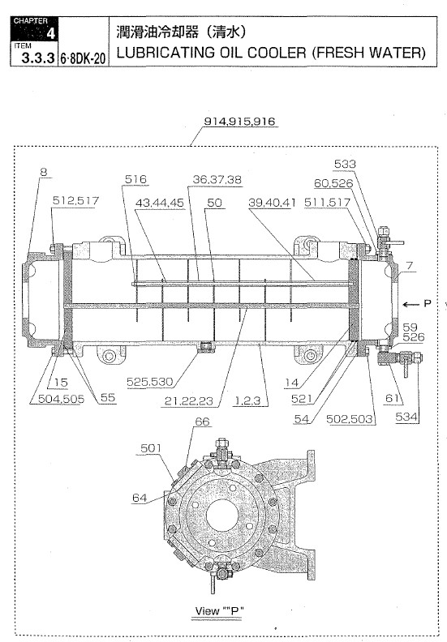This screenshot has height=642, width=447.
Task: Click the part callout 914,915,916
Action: click(240, 122)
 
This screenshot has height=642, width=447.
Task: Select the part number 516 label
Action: click(136, 179)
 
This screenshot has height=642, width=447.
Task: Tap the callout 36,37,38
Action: click(217, 179)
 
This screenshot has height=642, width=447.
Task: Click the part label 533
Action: click(345, 165)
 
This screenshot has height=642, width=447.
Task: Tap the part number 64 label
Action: click(140, 499)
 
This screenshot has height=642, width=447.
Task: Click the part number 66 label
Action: click(202, 422)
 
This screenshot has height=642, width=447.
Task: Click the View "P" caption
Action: click(220, 610)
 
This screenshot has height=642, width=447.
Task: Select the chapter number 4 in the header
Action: click(50, 33)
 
